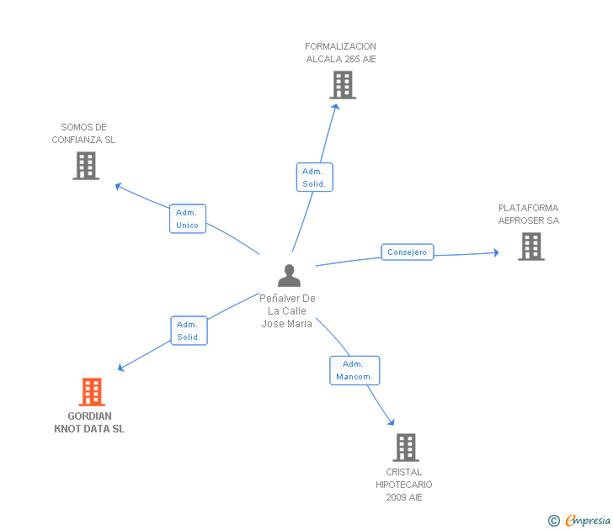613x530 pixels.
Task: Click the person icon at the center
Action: tap(289, 276)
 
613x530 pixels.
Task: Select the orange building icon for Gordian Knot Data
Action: tap(92, 392)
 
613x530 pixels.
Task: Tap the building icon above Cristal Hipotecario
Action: tap(406, 448)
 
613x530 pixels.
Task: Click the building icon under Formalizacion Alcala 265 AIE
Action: tap(343, 85)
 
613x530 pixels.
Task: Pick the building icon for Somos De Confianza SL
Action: tap(86, 166)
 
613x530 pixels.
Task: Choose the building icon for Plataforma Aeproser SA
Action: tap(530, 246)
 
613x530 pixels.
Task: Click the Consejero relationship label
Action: tap(408, 252)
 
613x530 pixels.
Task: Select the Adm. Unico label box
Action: tap(187, 219)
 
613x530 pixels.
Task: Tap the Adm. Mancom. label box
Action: tap(354, 370)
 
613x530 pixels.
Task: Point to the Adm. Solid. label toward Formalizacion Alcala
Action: tap(315, 178)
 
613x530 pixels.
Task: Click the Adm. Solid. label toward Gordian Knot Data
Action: tap(189, 331)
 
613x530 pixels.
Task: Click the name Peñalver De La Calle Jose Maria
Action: tap(287, 311)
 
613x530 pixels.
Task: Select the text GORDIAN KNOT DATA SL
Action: tap(89, 422)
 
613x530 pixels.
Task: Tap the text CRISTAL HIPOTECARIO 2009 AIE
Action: tap(404, 485)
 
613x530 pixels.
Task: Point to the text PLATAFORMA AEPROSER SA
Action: tap(528, 215)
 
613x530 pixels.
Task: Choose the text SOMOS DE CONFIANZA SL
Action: tap(83, 134)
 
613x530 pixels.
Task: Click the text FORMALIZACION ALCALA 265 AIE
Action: tap(340, 53)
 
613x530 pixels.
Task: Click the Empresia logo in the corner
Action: tap(580, 520)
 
